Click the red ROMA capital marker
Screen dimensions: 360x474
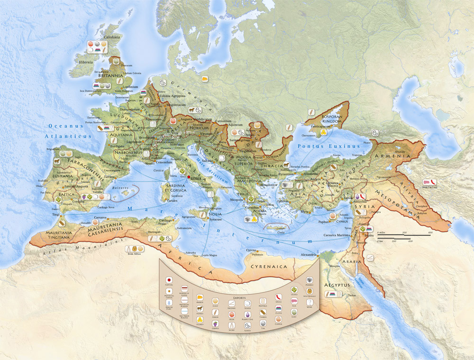[x=189, y=177]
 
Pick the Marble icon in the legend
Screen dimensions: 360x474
[x=310, y=280]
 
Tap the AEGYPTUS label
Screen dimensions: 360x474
[x=337, y=285]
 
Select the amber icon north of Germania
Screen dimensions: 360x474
[x=204, y=78]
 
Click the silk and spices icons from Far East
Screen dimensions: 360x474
[x=430, y=182]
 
